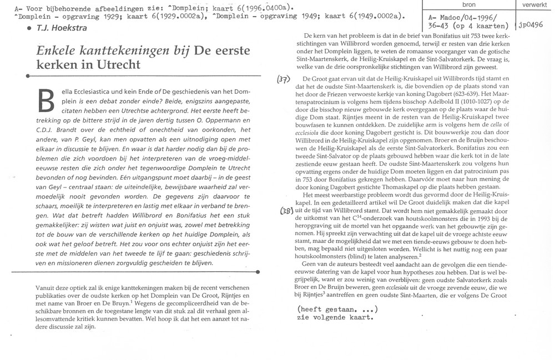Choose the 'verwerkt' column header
coord(533,4)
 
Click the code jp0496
coord(533,25)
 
